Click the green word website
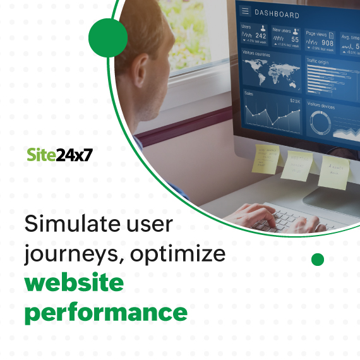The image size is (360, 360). click(74, 282)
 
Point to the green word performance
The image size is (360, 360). click(106, 311)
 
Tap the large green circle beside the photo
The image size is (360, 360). click(108, 37)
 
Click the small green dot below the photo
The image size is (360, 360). click(318, 259)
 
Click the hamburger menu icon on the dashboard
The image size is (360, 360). click(245, 11)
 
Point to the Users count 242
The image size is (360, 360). click(260, 36)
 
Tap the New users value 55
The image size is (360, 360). click(295, 39)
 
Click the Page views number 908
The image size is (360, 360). click(327, 44)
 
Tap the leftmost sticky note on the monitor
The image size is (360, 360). click(265, 158)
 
